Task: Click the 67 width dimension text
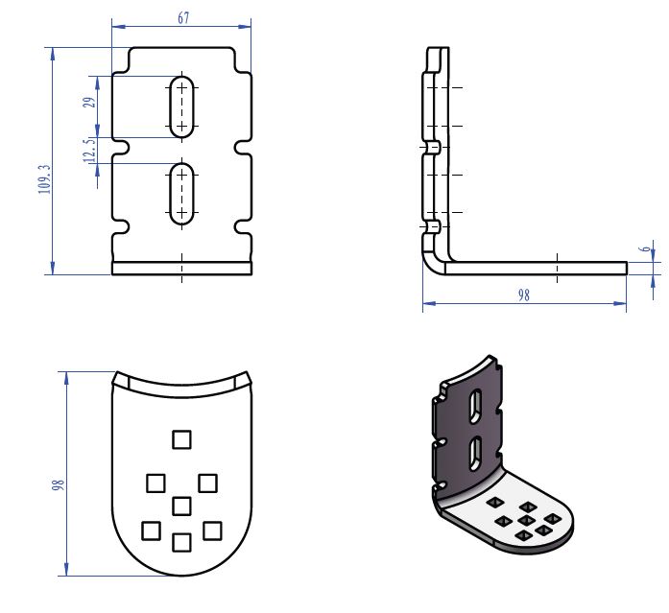pyautogui.click(x=182, y=18)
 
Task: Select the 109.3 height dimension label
pyautogui.click(x=44, y=177)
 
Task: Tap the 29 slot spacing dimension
pyautogui.click(x=89, y=103)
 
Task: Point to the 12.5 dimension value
pyautogui.click(x=89, y=151)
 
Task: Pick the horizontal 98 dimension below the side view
pyautogui.click(x=523, y=296)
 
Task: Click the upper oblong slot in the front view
pyautogui.click(x=181, y=106)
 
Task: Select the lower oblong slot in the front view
pyautogui.click(x=181, y=195)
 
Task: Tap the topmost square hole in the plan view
pyautogui.click(x=180, y=439)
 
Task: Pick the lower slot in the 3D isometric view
pyautogui.click(x=474, y=454)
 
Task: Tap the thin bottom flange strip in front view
pyautogui.click(x=181, y=269)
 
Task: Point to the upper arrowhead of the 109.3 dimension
pyautogui.click(x=51, y=53)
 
